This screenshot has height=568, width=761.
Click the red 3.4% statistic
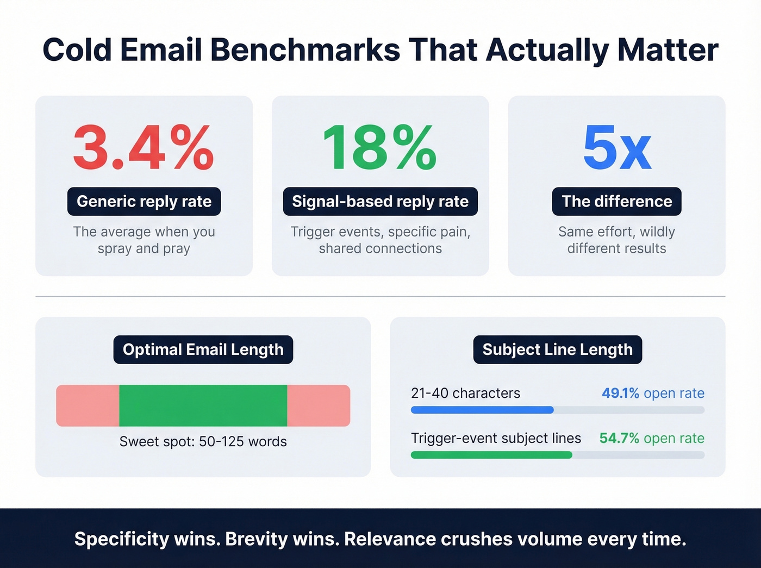(144, 148)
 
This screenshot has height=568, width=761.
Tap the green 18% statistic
(379, 148)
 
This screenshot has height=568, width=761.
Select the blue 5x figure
(616, 148)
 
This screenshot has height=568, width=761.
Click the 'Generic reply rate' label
(144, 202)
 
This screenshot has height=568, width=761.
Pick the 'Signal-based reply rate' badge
(380, 202)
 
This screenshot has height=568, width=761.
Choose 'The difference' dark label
(616, 202)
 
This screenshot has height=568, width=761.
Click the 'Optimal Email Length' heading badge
(203, 349)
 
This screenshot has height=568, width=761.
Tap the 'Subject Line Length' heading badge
(557, 349)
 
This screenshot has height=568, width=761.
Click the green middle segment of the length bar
(203, 405)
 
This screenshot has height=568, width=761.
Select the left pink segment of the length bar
(88, 405)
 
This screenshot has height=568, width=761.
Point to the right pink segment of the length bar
(319, 405)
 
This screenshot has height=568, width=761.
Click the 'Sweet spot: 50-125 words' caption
(203, 441)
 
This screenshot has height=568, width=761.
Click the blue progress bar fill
(482, 410)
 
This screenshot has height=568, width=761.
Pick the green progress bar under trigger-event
(491, 455)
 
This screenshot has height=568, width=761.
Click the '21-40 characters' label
(465, 393)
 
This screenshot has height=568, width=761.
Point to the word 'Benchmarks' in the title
(305, 50)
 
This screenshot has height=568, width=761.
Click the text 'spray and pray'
(144, 248)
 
